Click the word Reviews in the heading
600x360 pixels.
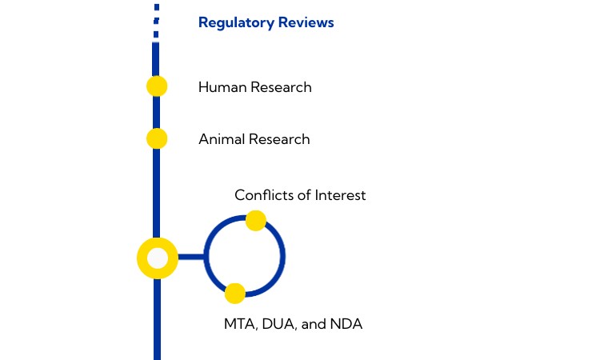pyautogui.click(x=306, y=22)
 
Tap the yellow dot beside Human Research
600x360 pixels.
pyautogui.click(x=157, y=86)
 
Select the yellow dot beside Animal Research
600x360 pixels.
pyautogui.click(x=157, y=138)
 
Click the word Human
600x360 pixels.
pyautogui.click(x=221, y=87)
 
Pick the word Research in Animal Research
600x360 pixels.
pyautogui.click(x=278, y=139)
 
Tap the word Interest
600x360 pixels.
pyautogui.click(x=340, y=194)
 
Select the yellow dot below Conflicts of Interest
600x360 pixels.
pyautogui.click(x=255, y=220)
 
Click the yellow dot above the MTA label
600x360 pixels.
pyautogui.click(x=234, y=294)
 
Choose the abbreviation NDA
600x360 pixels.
pyautogui.click(x=346, y=325)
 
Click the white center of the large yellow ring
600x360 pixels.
pyautogui.click(x=158, y=258)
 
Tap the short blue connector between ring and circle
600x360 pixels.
pyautogui.click(x=190, y=258)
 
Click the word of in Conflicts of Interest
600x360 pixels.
pyautogui.click(x=304, y=194)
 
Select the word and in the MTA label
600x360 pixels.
pyautogui.click(x=314, y=325)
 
